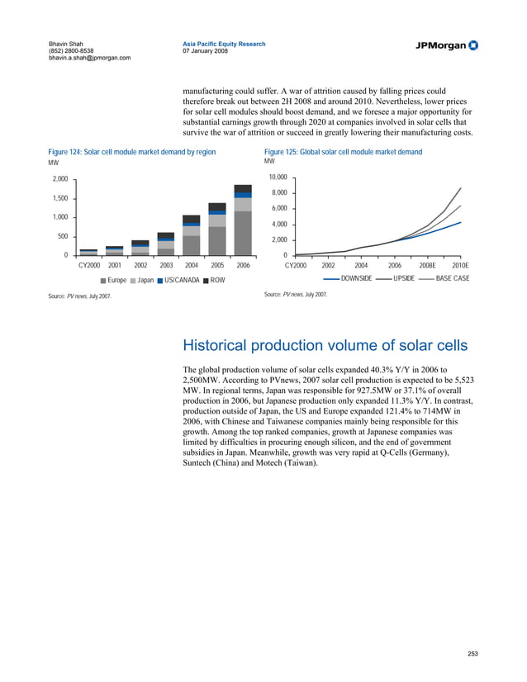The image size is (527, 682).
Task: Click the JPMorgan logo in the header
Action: [x=446, y=45]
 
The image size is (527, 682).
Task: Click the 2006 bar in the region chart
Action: [x=243, y=220]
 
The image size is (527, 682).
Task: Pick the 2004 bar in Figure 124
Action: [x=192, y=235]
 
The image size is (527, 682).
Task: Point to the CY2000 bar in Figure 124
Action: [x=88, y=252]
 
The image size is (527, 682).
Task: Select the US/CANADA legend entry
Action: [x=178, y=280]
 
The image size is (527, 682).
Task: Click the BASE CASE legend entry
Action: [x=451, y=278]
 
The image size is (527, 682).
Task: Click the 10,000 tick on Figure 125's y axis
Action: [x=278, y=178]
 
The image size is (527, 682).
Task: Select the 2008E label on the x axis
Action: [x=427, y=266]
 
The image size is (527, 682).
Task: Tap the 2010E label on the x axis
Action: [x=460, y=266]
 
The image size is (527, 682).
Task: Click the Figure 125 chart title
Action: [x=343, y=152]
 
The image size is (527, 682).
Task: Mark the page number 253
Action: [x=472, y=654]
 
